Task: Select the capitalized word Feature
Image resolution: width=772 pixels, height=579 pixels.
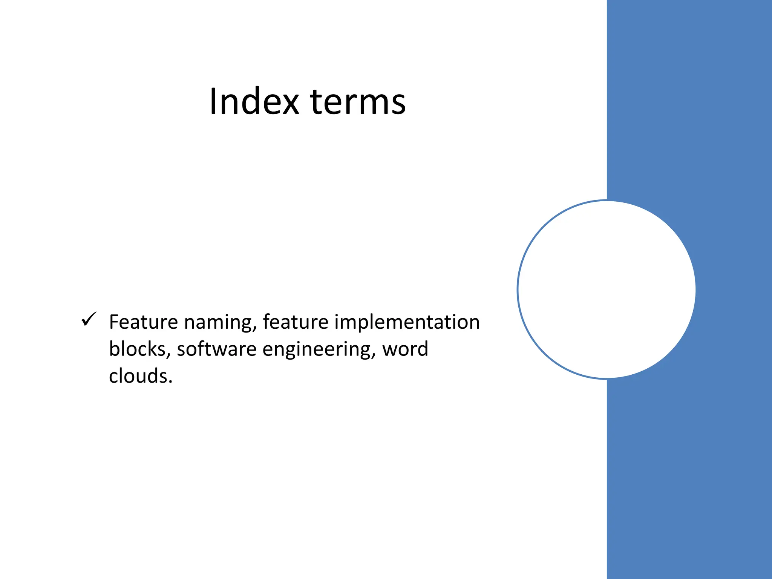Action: pyautogui.click(x=143, y=322)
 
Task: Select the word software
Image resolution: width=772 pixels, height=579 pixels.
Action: pyautogui.click(x=217, y=349)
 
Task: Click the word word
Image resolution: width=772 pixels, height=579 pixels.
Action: pyautogui.click(x=405, y=349)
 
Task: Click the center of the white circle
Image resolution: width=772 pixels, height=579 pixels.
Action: pyautogui.click(x=607, y=289)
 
